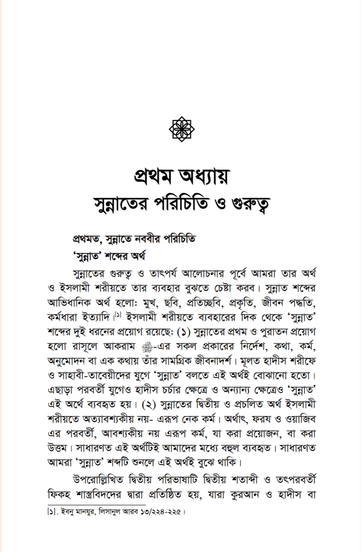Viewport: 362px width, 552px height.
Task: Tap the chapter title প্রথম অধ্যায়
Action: (181, 178)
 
